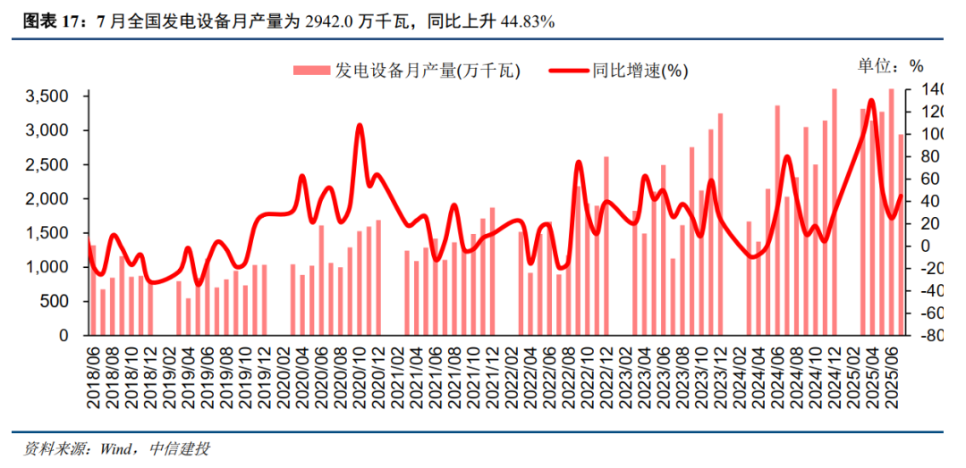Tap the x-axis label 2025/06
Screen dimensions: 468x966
(892, 377)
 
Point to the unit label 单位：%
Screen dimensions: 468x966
(890, 65)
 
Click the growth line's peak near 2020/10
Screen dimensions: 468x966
(360, 126)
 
